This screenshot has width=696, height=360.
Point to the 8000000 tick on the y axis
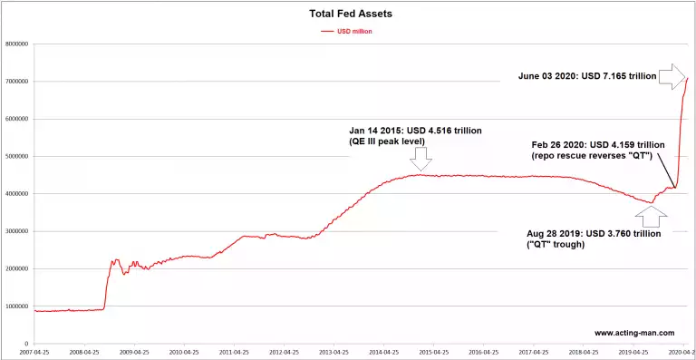[16, 44]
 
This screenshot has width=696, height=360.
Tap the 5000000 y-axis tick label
[16, 156]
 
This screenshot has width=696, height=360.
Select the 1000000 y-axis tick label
[16, 306]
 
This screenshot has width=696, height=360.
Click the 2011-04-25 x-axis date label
[234, 352]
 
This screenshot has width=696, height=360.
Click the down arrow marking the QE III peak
[420, 159]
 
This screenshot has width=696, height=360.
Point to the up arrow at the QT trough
[652, 217]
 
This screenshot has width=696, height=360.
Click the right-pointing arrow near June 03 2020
[671, 76]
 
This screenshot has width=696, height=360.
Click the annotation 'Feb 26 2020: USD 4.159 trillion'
[598, 144]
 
